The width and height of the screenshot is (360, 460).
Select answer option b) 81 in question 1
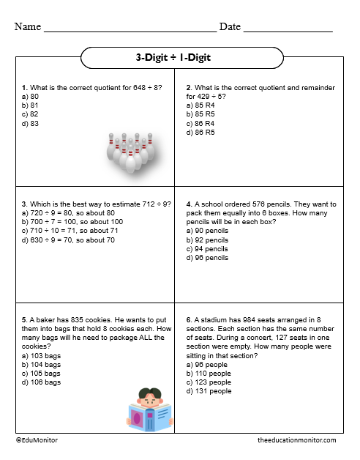click(x=30, y=105)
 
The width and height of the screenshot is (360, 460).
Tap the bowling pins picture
click(x=132, y=153)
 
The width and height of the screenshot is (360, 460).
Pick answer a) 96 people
click(x=209, y=364)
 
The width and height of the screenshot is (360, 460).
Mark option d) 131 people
click(x=210, y=391)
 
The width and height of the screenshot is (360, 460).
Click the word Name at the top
click(x=27, y=27)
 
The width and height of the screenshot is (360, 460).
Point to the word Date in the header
click(x=230, y=27)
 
